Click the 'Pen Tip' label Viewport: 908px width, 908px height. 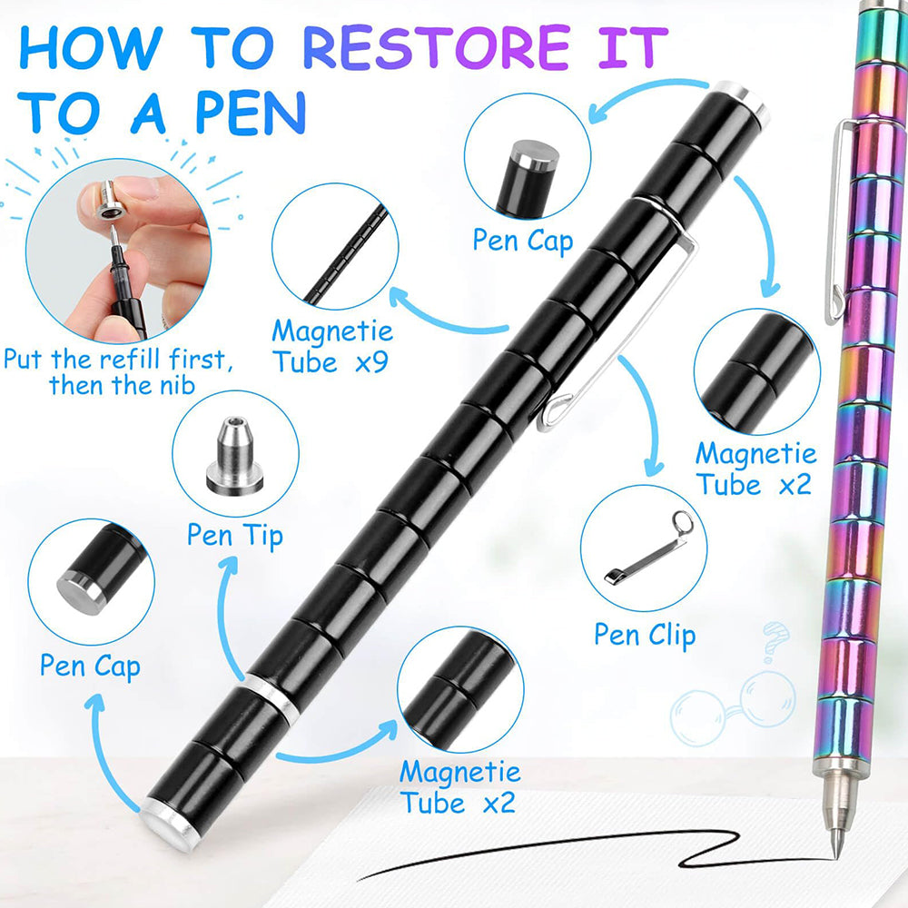235,535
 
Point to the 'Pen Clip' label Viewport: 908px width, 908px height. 645,635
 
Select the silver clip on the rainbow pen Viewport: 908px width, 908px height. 834,227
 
